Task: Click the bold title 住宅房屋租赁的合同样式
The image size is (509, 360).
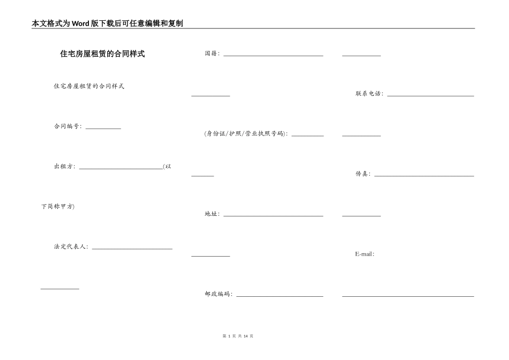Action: pyautogui.click(x=102, y=54)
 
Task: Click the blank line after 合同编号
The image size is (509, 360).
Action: pyautogui.click(x=103, y=128)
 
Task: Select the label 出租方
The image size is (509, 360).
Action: pyautogui.click(x=64, y=167)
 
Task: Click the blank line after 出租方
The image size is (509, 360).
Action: pyautogui.click(x=121, y=168)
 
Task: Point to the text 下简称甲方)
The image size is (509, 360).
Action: pyautogui.click(x=58, y=207)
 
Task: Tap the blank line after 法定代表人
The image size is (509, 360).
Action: pyautogui.click(x=132, y=249)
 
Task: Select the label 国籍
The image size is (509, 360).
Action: pyautogui.click(x=212, y=54)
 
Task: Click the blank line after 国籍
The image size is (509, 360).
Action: pyautogui.click(x=273, y=55)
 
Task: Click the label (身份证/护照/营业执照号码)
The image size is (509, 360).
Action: pyautogui.click(x=246, y=134)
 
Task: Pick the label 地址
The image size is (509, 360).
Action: pyautogui.click(x=212, y=214)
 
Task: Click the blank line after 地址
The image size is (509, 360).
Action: pyautogui.click(x=273, y=216)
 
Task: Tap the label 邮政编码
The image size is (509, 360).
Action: pyautogui.click(x=219, y=294)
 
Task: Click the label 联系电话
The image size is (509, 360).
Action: pyautogui.click(x=369, y=94)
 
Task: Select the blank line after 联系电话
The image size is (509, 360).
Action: pyautogui.click(x=430, y=96)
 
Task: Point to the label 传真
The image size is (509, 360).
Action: pyautogui.click(x=363, y=174)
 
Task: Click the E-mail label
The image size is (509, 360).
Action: pyautogui.click(x=364, y=254)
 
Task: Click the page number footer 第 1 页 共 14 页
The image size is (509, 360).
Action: pyautogui.click(x=237, y=336)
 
